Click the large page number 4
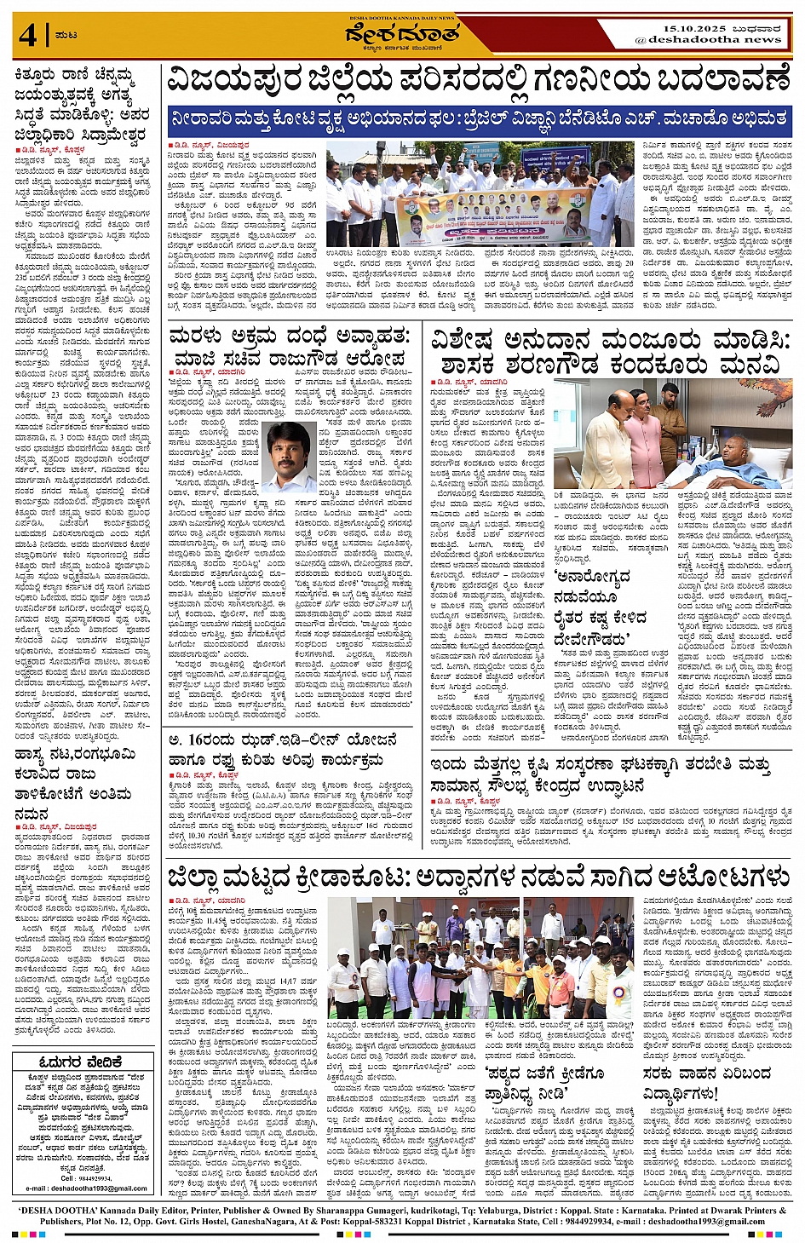pyautogui.click(x=28, y=37)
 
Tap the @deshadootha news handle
pyautogui.click(x=708, y=39)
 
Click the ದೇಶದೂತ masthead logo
pyautogui.click(x=402, y=35)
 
